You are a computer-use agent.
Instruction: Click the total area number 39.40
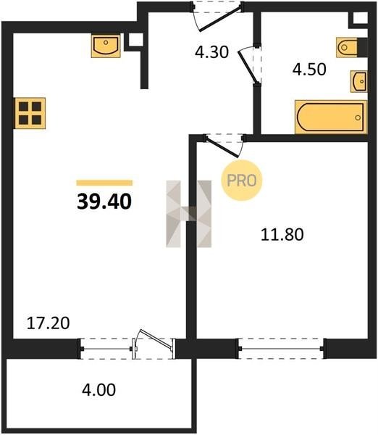click(104, 202)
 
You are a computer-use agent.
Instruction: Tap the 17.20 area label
click(49, 323)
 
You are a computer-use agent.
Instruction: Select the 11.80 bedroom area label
click(282, 234)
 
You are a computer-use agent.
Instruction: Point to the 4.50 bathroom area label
click(309, 70)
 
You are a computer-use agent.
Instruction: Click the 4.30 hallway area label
click(211, 52)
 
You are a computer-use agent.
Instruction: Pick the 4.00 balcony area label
click(99, 390)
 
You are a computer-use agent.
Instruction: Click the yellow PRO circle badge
click(242, 181)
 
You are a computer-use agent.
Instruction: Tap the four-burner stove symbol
click(30, 113)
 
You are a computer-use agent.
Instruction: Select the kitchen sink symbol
click(106, 46)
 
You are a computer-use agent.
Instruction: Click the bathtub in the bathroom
click(331, 117)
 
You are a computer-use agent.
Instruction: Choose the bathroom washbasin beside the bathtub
click(359, 81)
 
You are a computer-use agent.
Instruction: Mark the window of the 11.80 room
click(281, 349)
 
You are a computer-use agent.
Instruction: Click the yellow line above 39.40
click(104, 183)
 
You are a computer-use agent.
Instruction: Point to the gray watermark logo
click(189, 214)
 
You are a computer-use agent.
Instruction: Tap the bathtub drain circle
click(358, 117)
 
